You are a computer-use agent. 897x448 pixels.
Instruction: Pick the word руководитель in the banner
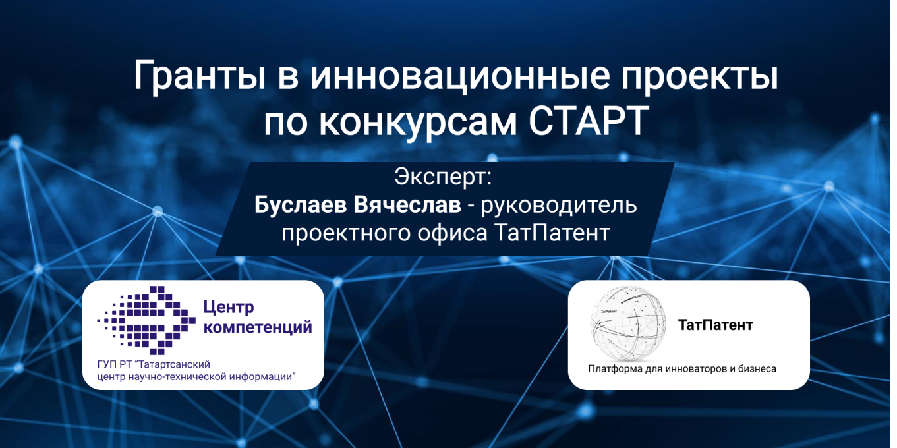click(x=559, y=205)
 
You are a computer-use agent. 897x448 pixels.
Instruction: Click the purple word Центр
click(x=229, y=307)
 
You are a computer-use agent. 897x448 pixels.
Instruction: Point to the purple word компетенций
click(x=257, y=327)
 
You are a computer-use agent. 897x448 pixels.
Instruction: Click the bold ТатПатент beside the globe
click(x=715, y=325)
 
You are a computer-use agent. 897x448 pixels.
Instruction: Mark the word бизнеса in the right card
click(x=757, y=369)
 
